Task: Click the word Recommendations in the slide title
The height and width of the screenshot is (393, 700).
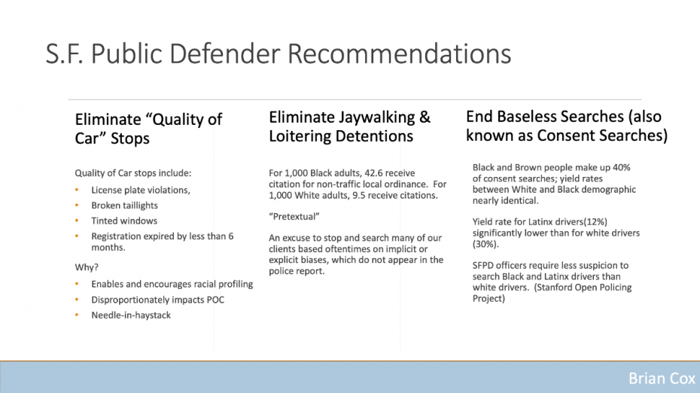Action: pyautogui.click(x=399, y=54)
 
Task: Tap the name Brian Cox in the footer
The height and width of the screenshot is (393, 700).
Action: pyautogui.click(x=662, y=378)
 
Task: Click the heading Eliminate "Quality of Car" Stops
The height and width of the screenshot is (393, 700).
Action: pyautogui.click(x=148, y=129)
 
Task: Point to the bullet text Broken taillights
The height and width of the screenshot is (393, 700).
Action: pyautogui.click(x=124, y=206)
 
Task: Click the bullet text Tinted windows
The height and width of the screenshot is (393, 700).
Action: pyautogui.click(x=124, y=221)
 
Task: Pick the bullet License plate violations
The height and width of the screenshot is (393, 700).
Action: pyautogui.click(x=141, y=190)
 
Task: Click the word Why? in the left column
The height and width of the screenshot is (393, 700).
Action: pyautogui.click(x=87, y=267)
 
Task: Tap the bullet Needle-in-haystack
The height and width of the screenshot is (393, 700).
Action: pyautogui.click(x=131, y=315)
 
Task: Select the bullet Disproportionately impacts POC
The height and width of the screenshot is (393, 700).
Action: pyautogui.click(x=157, y=300)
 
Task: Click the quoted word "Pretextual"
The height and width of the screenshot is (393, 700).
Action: pyautogui.click(x=294, y=217)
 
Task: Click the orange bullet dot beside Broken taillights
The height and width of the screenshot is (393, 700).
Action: pyautogui.click(x=77, y=206)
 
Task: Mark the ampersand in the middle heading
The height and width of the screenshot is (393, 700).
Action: pyautogui.click(x=425, y=117)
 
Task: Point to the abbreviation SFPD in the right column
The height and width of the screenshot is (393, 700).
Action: pyautogui.click(x=483, y=265)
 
